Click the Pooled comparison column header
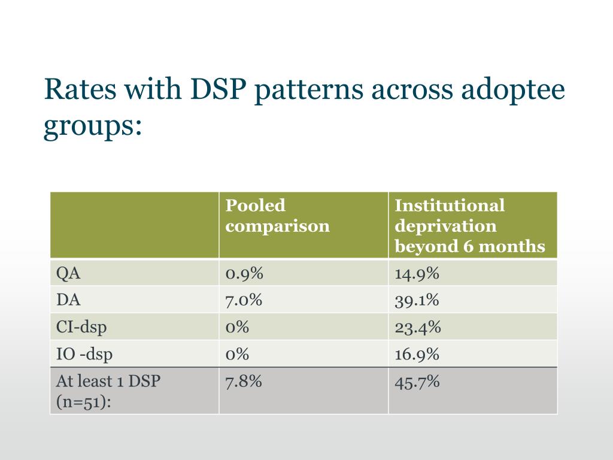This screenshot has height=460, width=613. pyautogui.click(x=277, y=216)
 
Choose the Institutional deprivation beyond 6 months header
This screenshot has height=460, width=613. pyautogui.click(x=470, y=226)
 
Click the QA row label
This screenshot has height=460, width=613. pyautogui.click(x=68, y=274)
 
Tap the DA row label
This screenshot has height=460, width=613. pyautogui.click(x=68, y=300)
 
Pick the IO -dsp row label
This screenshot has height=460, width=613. pyautogui.click(x=84, y=354)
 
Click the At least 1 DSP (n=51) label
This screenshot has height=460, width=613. pyautogui.click(x=108, y=391)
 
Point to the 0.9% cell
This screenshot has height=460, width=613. pyautogui.click(x=244, y=274)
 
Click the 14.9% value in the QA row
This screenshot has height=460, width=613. pyautogui.click(x=417, y=274)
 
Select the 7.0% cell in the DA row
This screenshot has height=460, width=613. pyautogui.click(x=244, y=300)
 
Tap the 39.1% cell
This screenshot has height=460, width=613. pyautogui.click(x=417, y=300)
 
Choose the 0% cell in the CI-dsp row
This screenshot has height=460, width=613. pyautogui.click(x=237, y=327)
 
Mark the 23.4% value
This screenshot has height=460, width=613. pyautogui.click(x=418, y=327)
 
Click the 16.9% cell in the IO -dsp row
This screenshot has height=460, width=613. pyautogui.click(x=417, y=354)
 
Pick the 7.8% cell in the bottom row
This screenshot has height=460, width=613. pyautogui.click(x=244, y=381)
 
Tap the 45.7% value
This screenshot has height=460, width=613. pyautogui.click(x=417, y=381)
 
